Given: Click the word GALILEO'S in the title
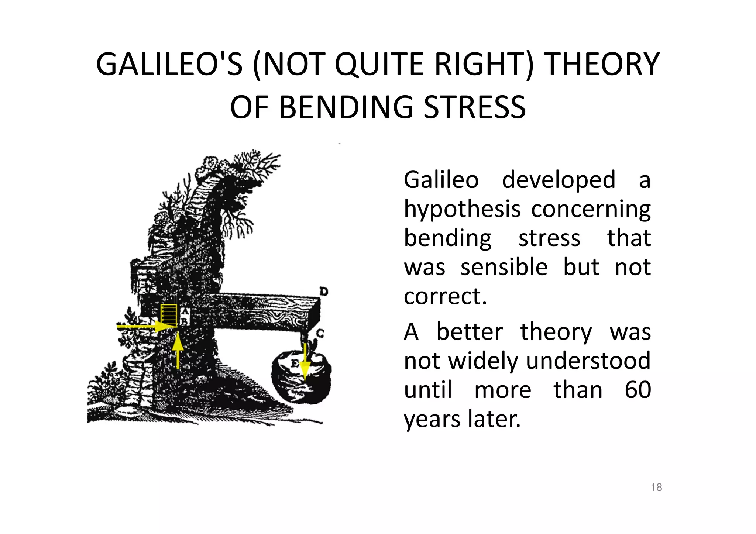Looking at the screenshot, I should pyautogui.click(x=169, y=65).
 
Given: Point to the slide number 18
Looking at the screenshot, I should pyautogui.click(x=656, y=487).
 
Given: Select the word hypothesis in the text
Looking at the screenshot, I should pyautogui.click(x=462, y=209).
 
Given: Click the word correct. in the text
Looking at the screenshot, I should pyautogui.click(x=445, y=296).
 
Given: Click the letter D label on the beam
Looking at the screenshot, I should pyautogui.click(x=323, y=292).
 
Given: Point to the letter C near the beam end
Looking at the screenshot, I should pyautogui.click(x=320, y=333).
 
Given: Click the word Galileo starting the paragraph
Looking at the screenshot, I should pyautogui.click(x=441, y=180).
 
